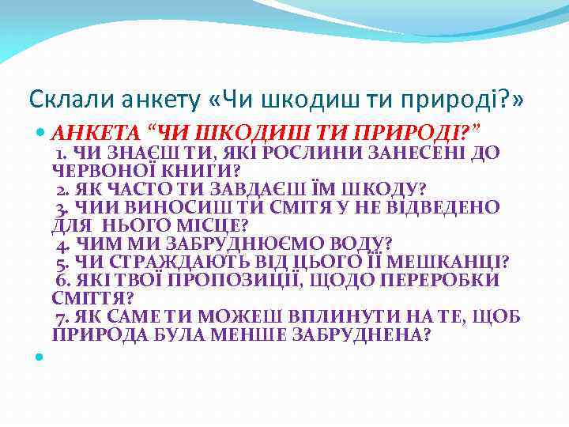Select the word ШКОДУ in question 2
[382, 188]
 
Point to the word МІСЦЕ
[207, 225]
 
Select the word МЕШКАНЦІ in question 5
[457, 262]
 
